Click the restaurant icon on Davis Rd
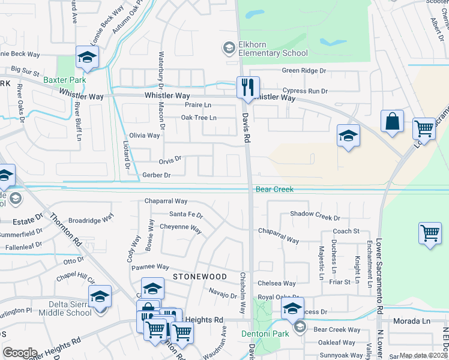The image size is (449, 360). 247,88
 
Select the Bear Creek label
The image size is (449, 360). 274,189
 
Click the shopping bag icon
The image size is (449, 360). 392,121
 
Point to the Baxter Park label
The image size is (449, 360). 64,80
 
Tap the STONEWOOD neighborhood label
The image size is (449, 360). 200,277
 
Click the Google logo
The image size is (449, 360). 20,353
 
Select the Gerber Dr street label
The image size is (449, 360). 157,175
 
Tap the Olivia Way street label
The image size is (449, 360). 145,136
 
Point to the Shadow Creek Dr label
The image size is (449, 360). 315,214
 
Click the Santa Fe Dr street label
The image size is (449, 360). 186,214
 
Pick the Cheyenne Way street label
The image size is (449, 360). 180,227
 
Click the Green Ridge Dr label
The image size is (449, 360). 304,70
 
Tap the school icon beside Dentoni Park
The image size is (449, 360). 292,308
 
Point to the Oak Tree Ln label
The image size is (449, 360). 199,118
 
